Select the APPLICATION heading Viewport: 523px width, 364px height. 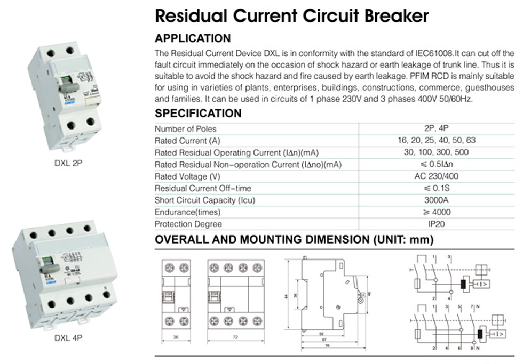[x=192, y=38]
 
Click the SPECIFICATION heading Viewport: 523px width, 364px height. [x=197, y=114]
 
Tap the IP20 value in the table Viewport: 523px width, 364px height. [x=436, y=224]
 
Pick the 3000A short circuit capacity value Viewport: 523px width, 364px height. [x=436, y=200]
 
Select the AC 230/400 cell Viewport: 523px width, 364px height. [x=436, y=176]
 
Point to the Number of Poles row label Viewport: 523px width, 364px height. [x=185, y=129]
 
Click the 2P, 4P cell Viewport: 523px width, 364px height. [x=436, y=129]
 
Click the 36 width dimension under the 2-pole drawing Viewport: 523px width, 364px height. [x=176, y=338]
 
